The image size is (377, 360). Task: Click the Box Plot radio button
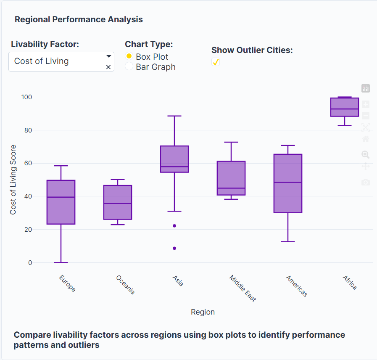(129, 56)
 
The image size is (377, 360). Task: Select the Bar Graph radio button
(129, 66)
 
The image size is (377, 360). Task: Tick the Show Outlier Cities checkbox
(216, 62)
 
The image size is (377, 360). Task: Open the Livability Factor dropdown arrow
(108, 56)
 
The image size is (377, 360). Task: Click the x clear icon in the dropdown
(108, 67)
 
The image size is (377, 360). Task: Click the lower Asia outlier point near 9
(174, 248)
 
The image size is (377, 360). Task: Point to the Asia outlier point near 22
(174, 226)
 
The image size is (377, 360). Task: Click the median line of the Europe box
(61, 197)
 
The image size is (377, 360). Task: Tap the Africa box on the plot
(345, 107)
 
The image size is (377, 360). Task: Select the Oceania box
(118, 202)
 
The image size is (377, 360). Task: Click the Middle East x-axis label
(243, 289)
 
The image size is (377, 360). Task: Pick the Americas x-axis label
(297, 286)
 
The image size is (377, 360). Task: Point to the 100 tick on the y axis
(27, 97)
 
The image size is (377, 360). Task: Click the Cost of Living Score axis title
(13, 180)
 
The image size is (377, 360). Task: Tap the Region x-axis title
(203, 312)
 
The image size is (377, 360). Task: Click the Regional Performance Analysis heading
(79, 19)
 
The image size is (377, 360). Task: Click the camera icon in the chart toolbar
(366, 182)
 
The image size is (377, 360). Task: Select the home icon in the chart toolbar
(366, 138)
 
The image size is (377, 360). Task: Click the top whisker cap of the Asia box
(174, 116)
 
